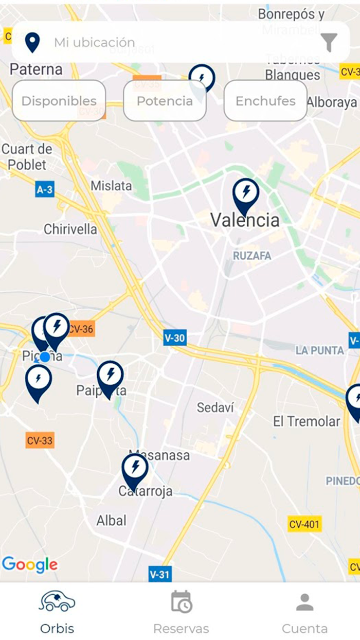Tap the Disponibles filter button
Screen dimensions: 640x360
[59, 101]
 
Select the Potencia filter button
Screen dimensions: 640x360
[165, 101]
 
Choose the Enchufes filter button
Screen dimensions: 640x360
[265, 101]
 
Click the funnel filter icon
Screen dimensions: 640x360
[330, 43]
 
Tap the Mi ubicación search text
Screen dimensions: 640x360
[95, 42]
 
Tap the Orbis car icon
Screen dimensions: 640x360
[57, 601]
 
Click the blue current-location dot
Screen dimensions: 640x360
[45, 357]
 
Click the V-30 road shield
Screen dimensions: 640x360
[175, 338]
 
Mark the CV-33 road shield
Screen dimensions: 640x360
[40, 440]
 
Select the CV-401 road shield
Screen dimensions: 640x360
[304, 524]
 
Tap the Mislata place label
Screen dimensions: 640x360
[111, 186]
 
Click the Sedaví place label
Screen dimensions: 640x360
[215, 407]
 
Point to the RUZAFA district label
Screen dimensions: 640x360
[252, 256]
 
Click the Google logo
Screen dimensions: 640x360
[30, 564]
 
